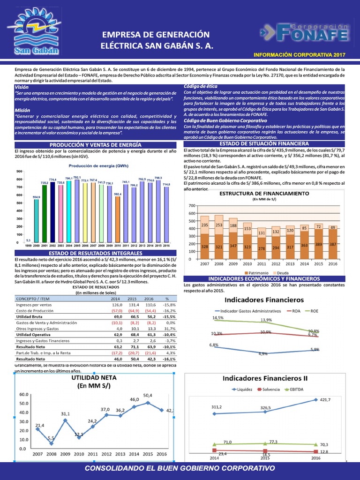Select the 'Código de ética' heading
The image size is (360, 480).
click(x=201, y=87)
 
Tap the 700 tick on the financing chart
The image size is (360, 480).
click(x=191, y=206)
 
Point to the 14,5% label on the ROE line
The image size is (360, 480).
click(x=217, y=318)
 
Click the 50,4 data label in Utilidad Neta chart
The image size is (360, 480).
click(x=148, y=395)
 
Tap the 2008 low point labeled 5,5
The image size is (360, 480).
click(x=51, y=438)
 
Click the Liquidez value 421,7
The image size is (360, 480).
click(x=325, y=400)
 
